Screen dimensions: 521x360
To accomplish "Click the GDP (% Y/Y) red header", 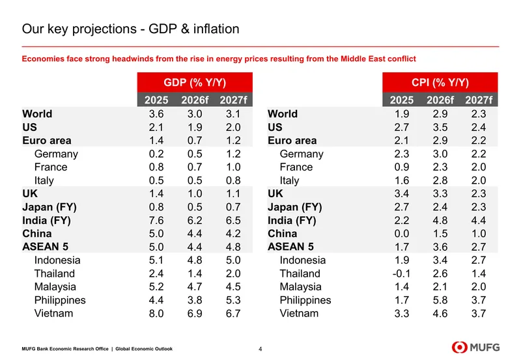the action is (195, 83).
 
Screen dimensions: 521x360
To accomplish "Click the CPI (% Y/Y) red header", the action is (440, 83).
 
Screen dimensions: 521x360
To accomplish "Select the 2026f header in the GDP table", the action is (195, 100).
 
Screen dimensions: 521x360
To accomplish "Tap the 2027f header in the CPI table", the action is (479, 100).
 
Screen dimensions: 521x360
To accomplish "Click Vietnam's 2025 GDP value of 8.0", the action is (156, 314).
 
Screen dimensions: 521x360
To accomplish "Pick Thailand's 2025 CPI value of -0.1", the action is (401, 273).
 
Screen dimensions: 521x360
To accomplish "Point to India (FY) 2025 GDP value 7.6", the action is (156, 221).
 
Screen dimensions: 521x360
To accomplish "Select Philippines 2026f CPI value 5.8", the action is (440, 300).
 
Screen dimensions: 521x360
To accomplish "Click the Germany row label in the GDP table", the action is (56, 154).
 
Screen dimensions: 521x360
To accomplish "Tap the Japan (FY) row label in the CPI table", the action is (295, 207).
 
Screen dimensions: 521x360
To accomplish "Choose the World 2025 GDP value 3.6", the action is (156, 114).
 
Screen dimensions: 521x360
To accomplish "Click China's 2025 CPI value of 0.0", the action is (402, 234).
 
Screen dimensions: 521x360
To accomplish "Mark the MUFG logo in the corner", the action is (475, 348).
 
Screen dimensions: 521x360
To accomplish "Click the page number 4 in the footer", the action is (260, 349).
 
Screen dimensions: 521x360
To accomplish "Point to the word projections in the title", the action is (104, 29).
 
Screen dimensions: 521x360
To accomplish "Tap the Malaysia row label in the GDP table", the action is (55, 287).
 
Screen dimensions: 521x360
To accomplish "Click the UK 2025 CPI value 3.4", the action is (402, 194).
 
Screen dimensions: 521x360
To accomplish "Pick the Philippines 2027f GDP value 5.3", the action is (233, 300).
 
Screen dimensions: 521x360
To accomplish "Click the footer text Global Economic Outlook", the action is (144, 349).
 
